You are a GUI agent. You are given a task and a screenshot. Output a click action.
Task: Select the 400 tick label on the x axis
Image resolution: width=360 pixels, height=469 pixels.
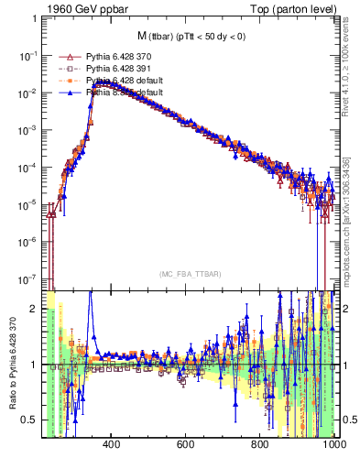click(x=112, y=445)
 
